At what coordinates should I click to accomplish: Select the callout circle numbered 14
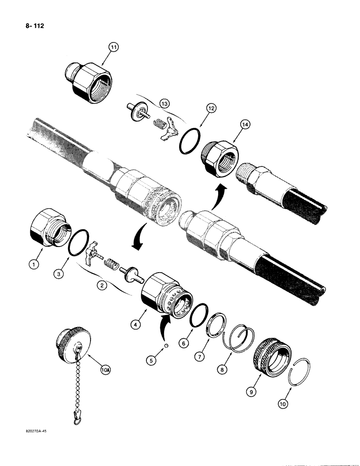coord(245,125)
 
